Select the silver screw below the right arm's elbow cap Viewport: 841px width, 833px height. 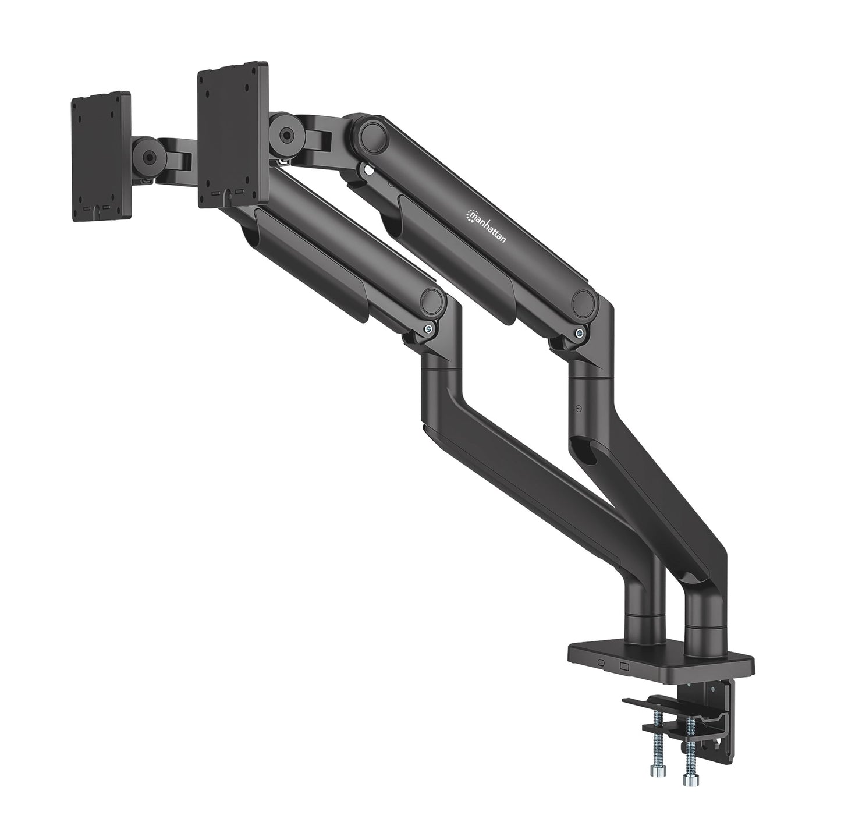[578, 334]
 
